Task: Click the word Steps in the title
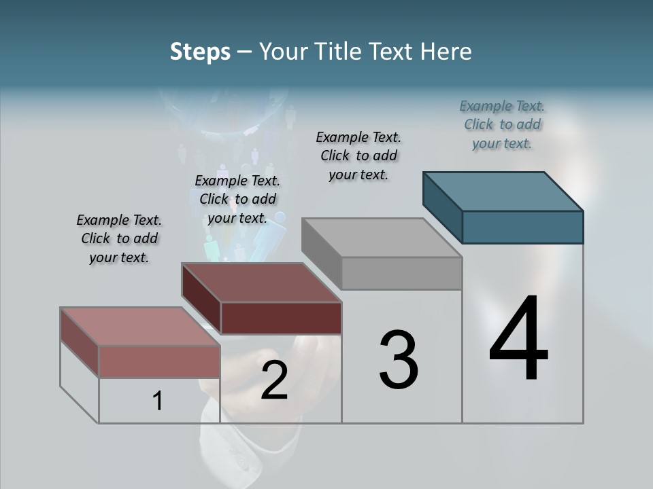[200, 52]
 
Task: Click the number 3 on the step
[399, 360]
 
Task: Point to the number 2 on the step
[274, 381]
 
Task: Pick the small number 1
[158, 401]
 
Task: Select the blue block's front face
[522, 227]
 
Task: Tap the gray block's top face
[382, 238]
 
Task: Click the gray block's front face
[401, 273]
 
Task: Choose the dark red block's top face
[261, 283]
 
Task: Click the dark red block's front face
[281, 318]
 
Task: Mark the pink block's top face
[140, 327]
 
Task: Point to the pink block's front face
[159, 361]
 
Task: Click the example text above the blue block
[502, 124]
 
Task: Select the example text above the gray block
[358, 156]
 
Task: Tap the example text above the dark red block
[237, 199]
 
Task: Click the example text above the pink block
[119, 238]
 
